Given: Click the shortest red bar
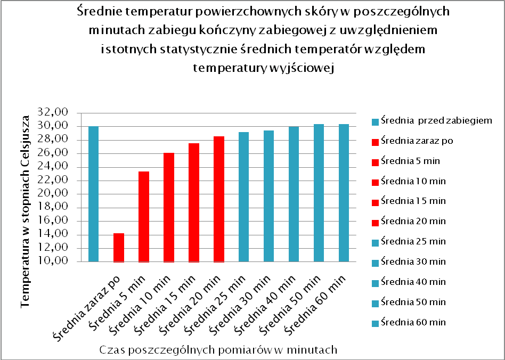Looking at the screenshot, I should pyautogui.click(x=118, y=248).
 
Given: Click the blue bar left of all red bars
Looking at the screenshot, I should pyautogui.click(x=93, y=194).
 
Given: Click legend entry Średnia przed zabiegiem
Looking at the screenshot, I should pyautogui.click(x=436, y=121).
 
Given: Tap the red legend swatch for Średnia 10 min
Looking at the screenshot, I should pyautogui.click(x=375, y=182).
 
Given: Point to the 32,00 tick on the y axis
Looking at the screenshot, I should pyautogui.click(x=53, y=113).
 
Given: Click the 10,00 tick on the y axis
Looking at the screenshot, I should pyautogui.click(x=53, y=261).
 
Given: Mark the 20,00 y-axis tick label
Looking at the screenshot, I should pyautogui.click(x=53, y=193).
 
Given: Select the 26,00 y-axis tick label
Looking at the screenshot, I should pyautogui.click(x=53, y=153).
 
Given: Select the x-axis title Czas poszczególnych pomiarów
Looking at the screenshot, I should pyautogui.click(x=218, y=350).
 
